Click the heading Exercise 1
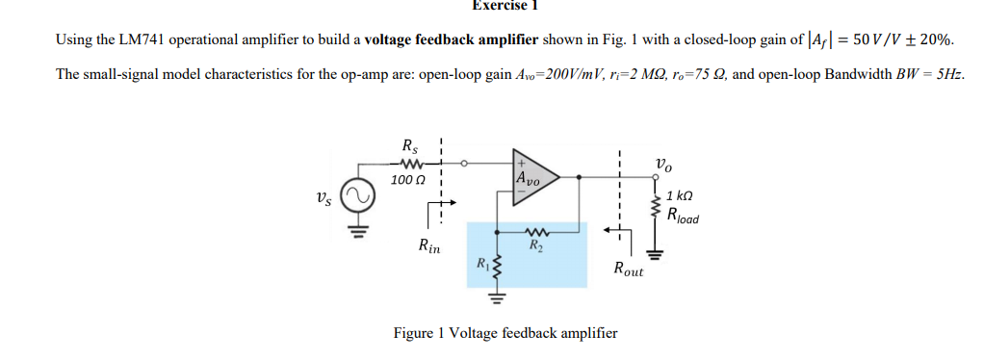[x=504, y=6]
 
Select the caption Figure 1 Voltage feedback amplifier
[x=505, y=333]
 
